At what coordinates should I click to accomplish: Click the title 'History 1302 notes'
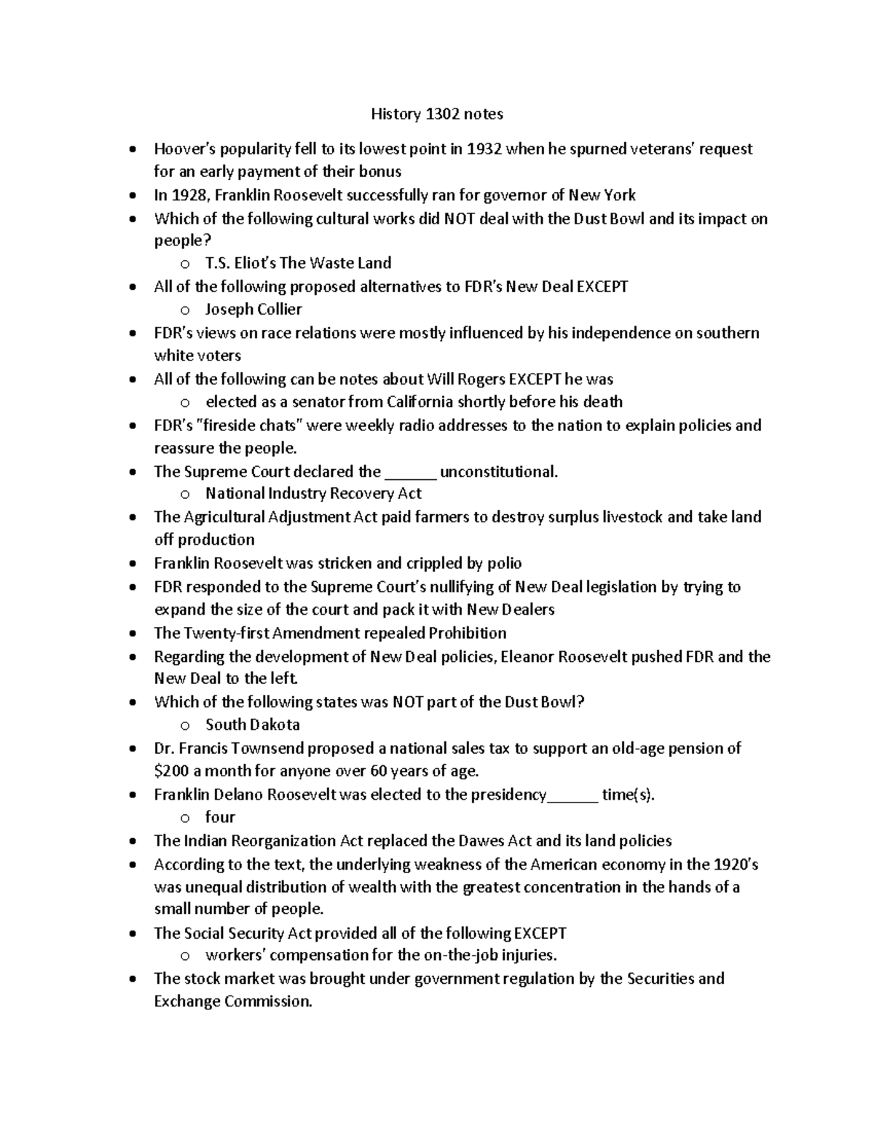[437, 114]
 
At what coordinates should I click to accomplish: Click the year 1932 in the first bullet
[484, 149]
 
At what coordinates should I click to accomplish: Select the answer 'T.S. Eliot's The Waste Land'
[298, 263]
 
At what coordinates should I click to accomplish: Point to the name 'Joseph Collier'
[253, 310]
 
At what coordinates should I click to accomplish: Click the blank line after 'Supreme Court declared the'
[410, 472]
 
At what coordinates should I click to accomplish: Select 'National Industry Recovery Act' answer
[313, 494]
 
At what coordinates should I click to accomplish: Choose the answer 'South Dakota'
[252, 725]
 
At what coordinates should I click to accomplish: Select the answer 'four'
[220, 817]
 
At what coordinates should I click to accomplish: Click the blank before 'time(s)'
[572, 795]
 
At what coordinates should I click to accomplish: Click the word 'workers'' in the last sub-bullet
[235, 955]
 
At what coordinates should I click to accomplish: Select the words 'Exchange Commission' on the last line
[232, 1001]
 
